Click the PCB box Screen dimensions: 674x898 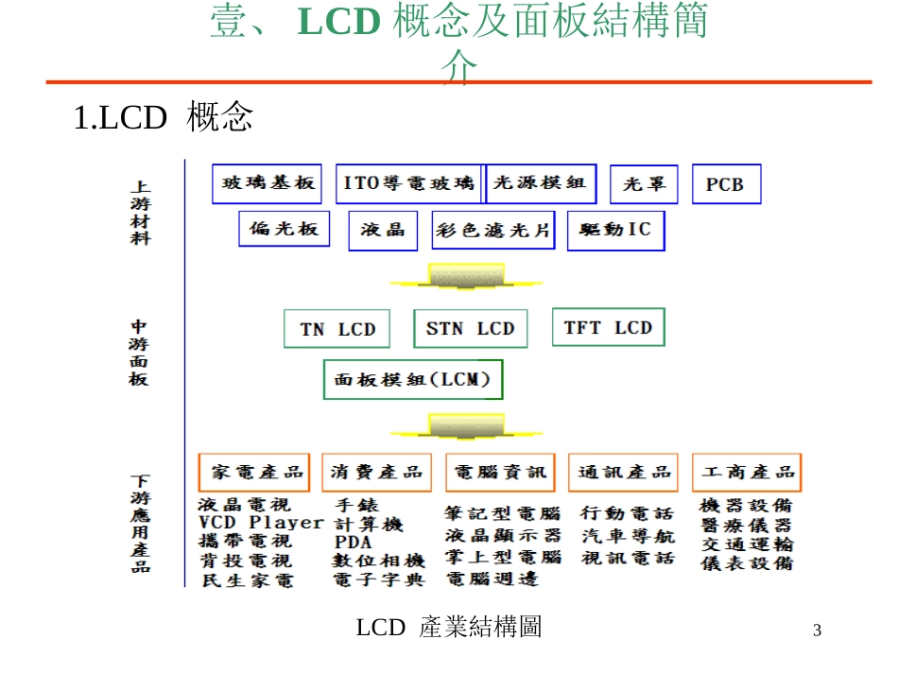[726, 184]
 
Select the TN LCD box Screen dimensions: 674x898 [337, 329]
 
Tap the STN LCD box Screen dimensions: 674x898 [470, 329]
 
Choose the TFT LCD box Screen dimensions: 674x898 [608, 327]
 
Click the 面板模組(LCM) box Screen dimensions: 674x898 [413, 380]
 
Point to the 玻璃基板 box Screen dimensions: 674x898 [267, 183]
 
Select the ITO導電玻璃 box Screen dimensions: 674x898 [408, 183]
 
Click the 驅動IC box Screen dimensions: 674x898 [615, 230]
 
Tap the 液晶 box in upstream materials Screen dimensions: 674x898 [383, 230]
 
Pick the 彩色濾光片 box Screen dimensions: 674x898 [493, 230]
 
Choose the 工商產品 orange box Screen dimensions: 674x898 [746, 472]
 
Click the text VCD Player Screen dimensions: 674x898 [260, 523]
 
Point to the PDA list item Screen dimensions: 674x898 [353, 543]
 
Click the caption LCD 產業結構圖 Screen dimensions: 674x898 [449, 627]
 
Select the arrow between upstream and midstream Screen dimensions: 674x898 [467, 278]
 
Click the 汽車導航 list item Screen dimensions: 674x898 [628, 535]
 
